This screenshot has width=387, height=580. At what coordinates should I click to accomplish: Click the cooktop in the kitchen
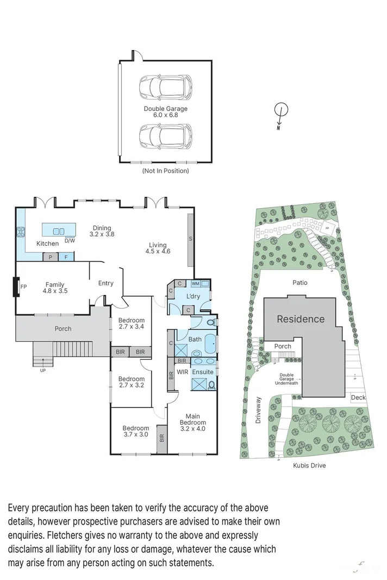(21, 232)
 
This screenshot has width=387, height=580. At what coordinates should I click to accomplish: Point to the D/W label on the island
(70, 240)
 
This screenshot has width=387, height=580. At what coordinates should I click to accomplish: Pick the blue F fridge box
(66, 257)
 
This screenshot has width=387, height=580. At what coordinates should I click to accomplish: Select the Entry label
(105, 283)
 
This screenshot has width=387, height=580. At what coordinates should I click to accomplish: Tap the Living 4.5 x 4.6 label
(158, 248)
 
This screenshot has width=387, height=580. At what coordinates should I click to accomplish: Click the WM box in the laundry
(195, 284)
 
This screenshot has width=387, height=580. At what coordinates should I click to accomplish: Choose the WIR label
(182, 372)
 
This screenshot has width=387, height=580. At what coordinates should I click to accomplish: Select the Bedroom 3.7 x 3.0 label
(135, 431)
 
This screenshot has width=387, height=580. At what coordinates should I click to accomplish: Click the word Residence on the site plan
(301, 319)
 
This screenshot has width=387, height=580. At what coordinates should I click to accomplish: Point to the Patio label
(299, 283)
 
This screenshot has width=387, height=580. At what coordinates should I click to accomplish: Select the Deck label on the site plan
(358, 397)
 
